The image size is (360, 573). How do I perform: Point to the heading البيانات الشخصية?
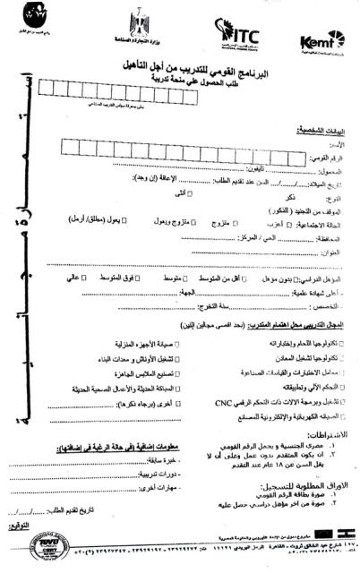(320, 131)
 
